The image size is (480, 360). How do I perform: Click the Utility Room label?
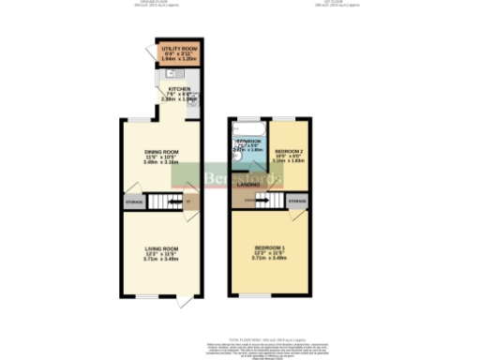tap(177, 48)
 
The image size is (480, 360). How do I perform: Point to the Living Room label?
tap(159, 248)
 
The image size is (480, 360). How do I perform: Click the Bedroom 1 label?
tap(269, 247)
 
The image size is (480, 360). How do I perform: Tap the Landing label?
tap(248, 184)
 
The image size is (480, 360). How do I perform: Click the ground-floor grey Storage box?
tap(134, 202)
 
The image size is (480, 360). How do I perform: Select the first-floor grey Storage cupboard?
tap(297, 202)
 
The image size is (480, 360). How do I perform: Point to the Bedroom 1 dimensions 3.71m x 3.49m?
tap(269, 258)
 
